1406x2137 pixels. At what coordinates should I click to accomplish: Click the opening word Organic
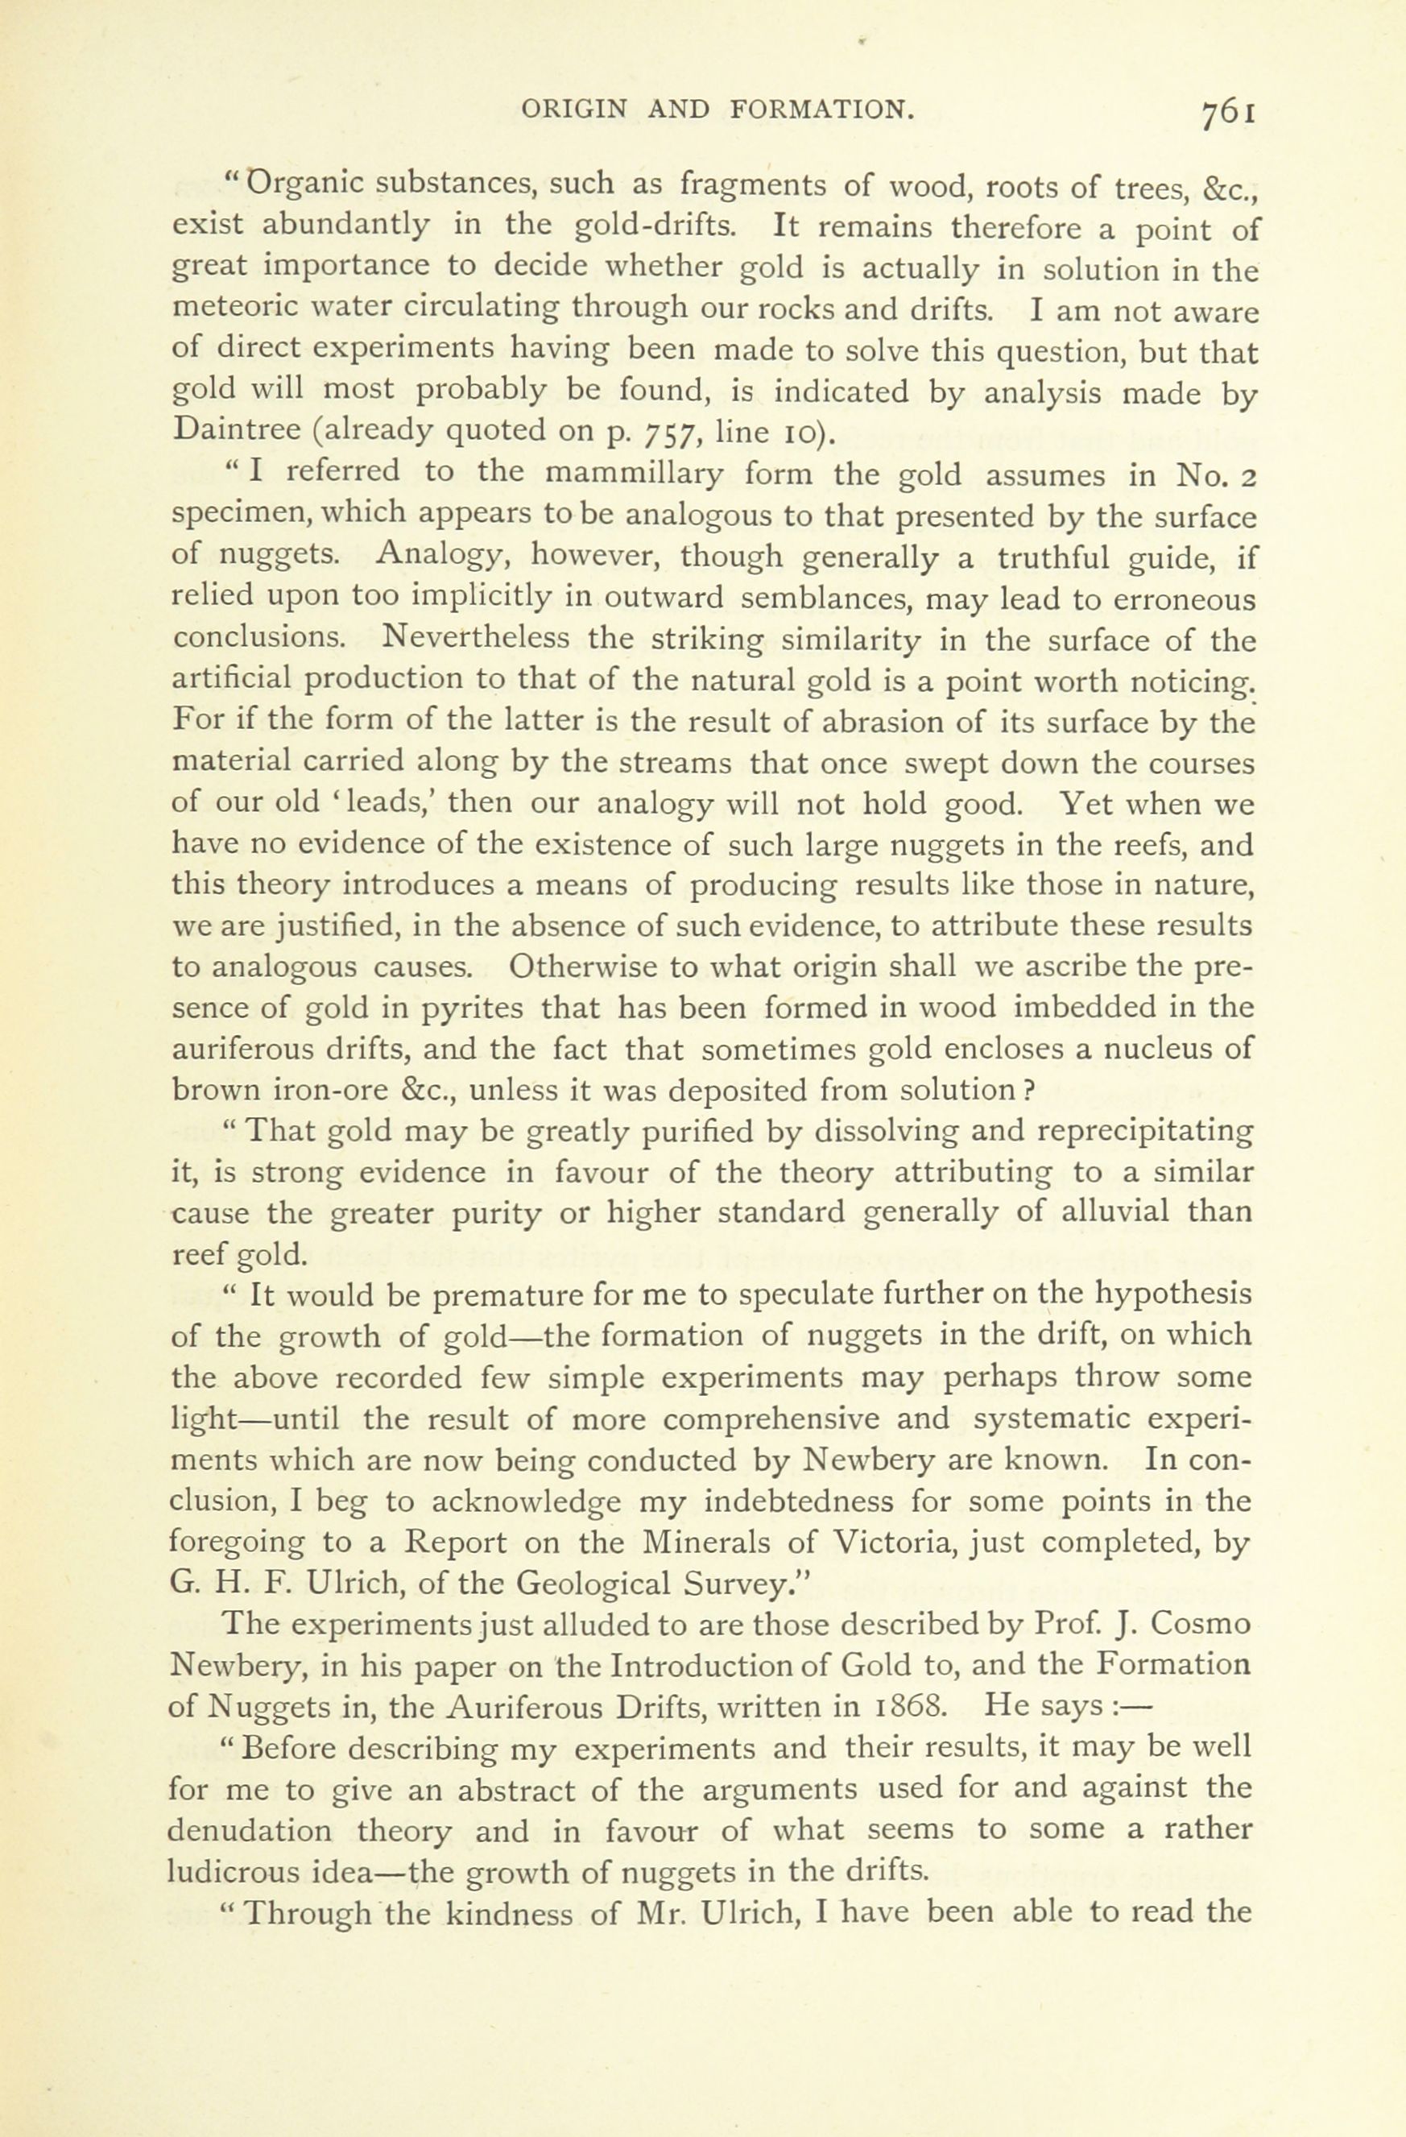304,184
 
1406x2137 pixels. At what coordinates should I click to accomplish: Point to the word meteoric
228,308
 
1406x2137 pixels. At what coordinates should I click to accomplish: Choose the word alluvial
1115,1213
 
